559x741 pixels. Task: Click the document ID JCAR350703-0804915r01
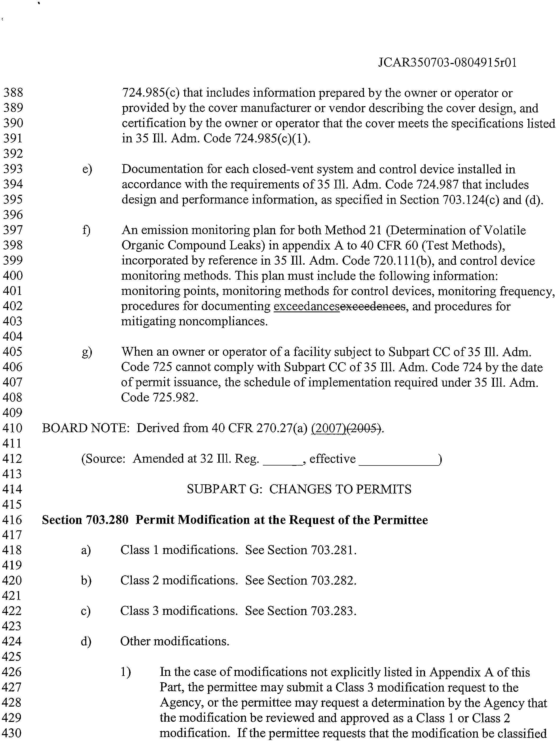click(x=447, y=63)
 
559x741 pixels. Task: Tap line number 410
click(x=13, y=428)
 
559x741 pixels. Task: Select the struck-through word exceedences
click(x=373, y=306)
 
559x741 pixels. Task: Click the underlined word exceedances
click(x=307, y=306)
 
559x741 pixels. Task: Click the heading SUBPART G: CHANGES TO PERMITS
click(x=299, y=489)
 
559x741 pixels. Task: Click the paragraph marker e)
click(x=87, y=169)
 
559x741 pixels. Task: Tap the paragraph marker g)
click(x=87, y=352)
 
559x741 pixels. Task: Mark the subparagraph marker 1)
click(x=126, y=672)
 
